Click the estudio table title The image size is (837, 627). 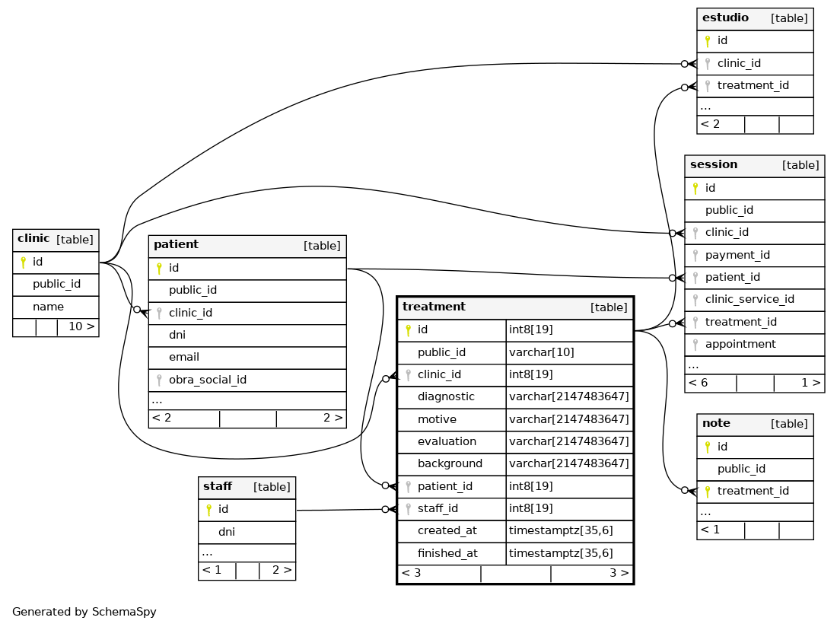(x=725, y=18)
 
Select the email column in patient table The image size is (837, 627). (x=183, y=357)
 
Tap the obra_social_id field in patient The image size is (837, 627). (x=208, y=380)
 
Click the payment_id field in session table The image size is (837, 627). (x=737, y=255)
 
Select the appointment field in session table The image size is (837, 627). (x=740, y=344)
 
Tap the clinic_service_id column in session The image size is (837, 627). (x=749, y=299)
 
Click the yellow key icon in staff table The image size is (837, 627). (x=208, y=510)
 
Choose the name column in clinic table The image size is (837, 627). (x=48, y=307)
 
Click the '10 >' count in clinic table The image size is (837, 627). (x=81, y=326)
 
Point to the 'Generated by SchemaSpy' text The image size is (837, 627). (x=84, y=612)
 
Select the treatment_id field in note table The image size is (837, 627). (x=753, y=491)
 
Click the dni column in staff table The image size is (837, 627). (x=226, y=531)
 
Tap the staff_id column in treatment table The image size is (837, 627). (x=438, y=508)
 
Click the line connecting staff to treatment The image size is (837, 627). (x=341, y=510)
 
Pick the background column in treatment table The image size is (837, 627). (x=450, y=463)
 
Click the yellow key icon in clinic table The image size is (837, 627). (x=23, y=262)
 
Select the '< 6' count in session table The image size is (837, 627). (x=698, y=383)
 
